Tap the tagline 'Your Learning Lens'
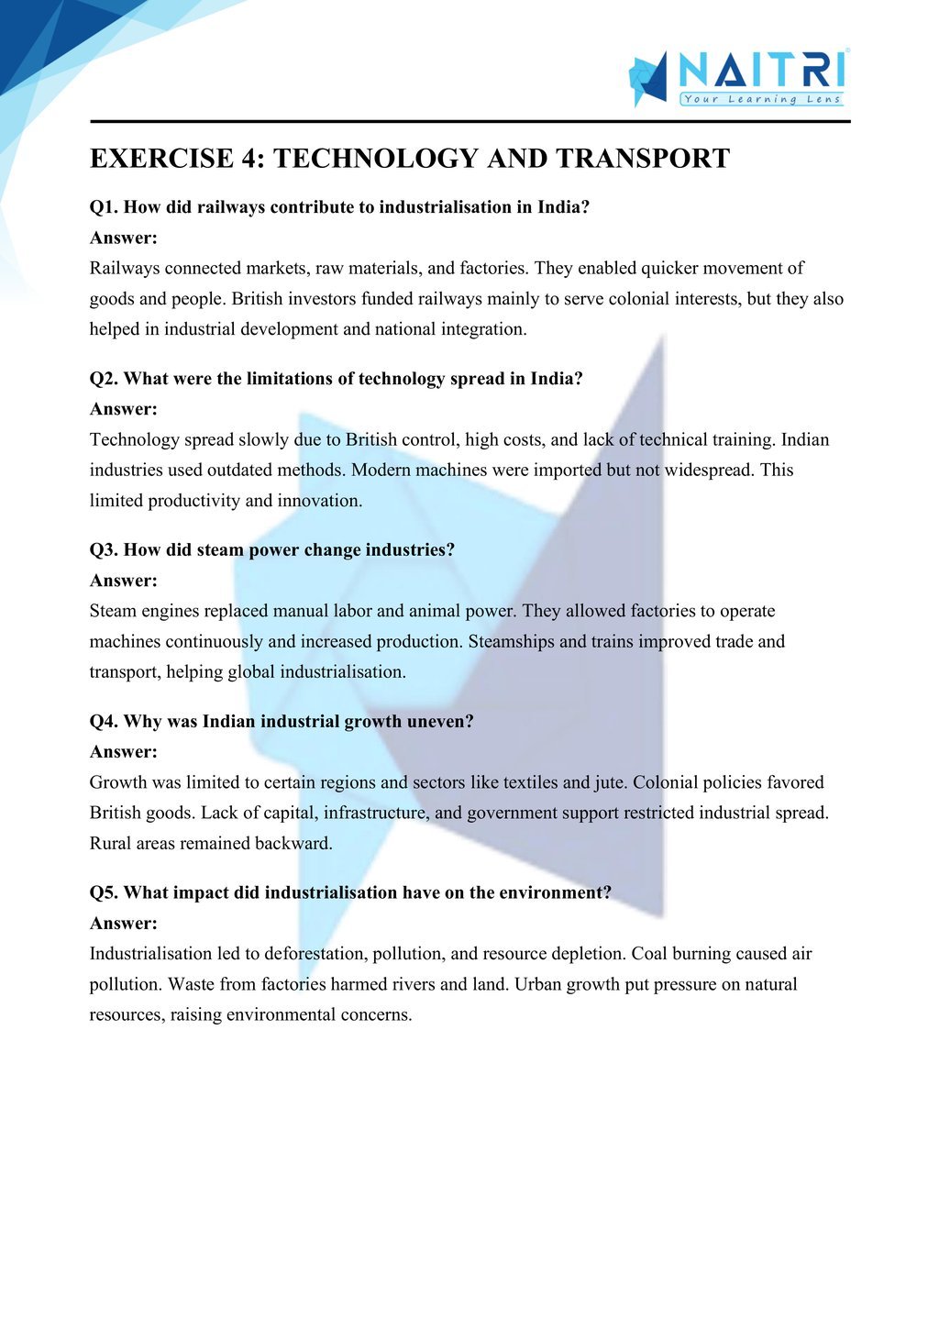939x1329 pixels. tap(761, 99)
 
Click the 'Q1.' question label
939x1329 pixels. tap(104, 207)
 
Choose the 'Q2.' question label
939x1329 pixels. tap(104, 379)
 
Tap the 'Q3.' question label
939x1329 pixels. tap(104, 550)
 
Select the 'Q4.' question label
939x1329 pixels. tap(104, 722)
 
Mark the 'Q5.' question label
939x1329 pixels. tap(104, 893)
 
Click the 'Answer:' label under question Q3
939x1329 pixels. tap(124, 581)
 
